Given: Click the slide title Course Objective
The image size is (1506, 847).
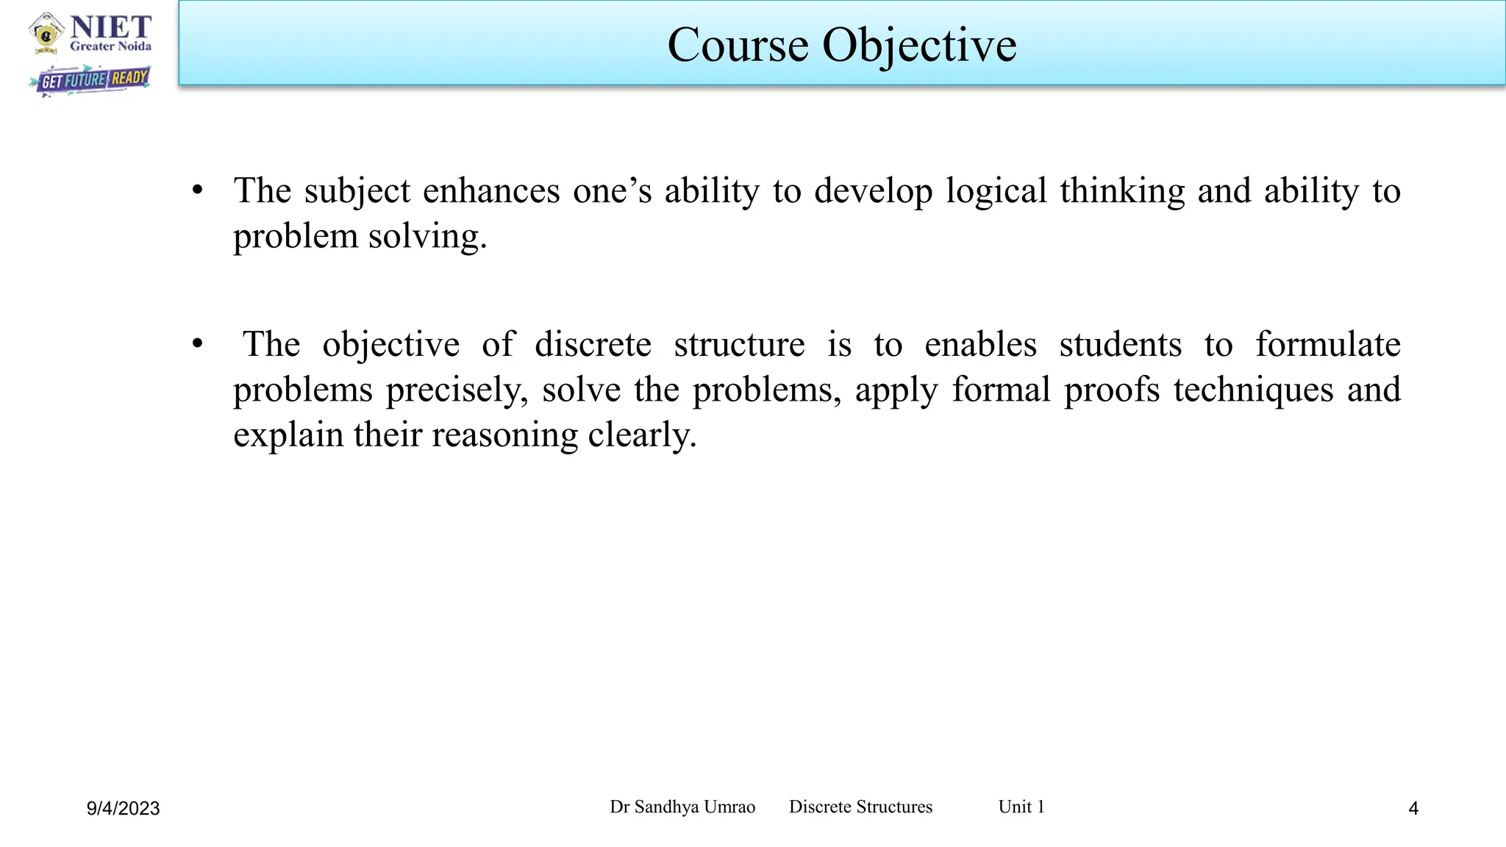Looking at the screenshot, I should [841, 46].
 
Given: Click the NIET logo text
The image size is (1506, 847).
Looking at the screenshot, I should [111, 29].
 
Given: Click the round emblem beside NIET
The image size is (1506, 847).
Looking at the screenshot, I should [46, 34].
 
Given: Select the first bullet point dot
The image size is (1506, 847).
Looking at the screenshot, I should [197, 190].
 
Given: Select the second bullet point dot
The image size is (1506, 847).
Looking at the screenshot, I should [197, 344].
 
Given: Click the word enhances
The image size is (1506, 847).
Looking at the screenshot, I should [491, 191].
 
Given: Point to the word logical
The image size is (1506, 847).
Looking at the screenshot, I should [996, 191].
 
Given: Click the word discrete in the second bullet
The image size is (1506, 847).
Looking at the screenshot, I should [593, 345].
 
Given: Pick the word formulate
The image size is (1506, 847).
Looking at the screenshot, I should [1327, 345].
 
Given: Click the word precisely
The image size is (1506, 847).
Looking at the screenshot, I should [457, 390].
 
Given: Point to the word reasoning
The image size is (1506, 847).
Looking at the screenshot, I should [504, 435].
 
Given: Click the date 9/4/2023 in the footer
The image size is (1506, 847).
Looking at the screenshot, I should [123, 809].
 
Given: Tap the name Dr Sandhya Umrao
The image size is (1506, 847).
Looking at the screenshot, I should [682, 807].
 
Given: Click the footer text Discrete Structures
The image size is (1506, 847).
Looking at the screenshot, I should [860, 807].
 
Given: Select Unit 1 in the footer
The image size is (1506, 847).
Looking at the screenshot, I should [1021, 807].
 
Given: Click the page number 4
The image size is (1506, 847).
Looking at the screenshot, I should [1413, 809].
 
